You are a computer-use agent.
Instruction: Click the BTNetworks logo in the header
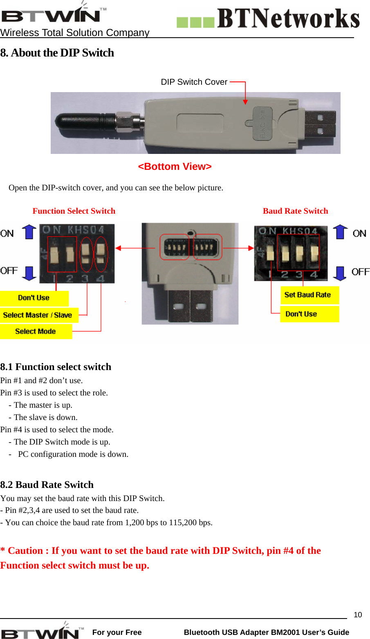(268, 19)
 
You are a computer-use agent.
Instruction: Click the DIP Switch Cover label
(194, 82)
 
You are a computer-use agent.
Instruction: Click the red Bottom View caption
(175, 167)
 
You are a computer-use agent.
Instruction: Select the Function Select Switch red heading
(74, 211)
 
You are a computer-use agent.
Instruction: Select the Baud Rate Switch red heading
(295, 211)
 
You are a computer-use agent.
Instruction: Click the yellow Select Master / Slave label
(38, 315)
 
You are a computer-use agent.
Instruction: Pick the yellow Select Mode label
(36, 332)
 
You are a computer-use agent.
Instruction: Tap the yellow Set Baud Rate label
(308, 295)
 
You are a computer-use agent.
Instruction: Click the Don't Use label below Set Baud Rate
(301, 314)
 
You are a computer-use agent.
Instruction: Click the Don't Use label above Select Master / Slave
(34, 298)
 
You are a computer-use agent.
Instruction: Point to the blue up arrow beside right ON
(340, 232)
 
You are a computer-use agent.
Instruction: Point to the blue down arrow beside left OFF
(29, 273)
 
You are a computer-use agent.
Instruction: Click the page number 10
(358, 614)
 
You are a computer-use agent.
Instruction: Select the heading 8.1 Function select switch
(56, 367)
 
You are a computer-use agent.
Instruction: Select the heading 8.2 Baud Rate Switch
(47, 485)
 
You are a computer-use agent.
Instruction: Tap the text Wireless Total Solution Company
(75, 33)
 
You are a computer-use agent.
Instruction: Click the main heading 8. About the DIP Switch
(57, 53)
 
